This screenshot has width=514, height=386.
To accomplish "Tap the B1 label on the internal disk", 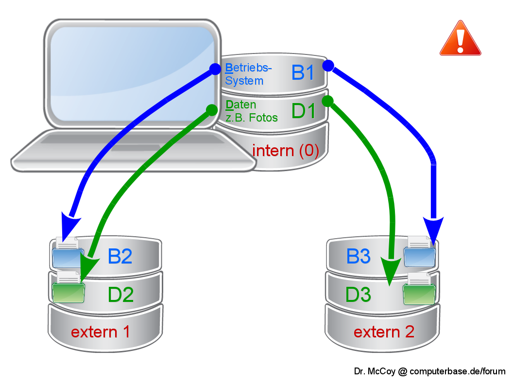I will coord(303,73).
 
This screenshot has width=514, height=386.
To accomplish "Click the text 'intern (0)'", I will coord(285,151).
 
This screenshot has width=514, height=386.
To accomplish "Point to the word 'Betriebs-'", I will coord(249,68).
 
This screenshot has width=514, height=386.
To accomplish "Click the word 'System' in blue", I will coord(244,81).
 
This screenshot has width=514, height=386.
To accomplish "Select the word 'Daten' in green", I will coord(241,105).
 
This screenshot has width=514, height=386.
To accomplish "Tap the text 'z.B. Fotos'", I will coord(252,117).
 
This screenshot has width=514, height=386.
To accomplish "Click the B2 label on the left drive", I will coord(120,256).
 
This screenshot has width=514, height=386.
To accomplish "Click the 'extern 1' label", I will coord(101,332).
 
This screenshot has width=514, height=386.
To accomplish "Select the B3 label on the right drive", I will coord(359,256).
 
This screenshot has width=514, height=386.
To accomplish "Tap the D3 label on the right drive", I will coord(359,294).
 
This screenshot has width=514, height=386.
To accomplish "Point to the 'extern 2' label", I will coord(384,332).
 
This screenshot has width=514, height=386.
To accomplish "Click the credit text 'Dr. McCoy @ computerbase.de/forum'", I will coord(429,371).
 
